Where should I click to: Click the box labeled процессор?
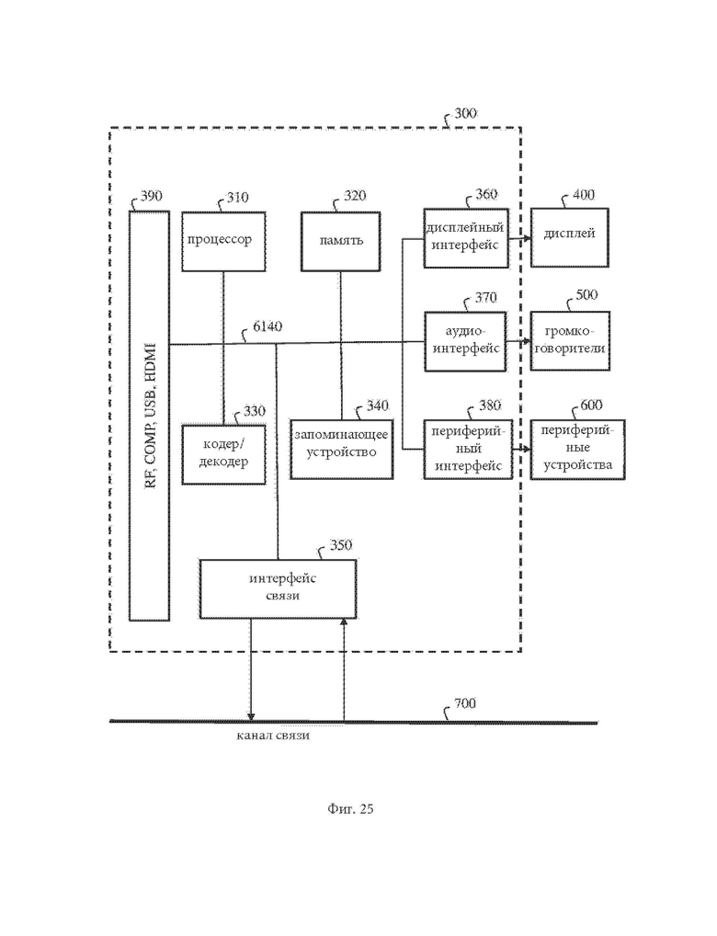[x=223, y=241]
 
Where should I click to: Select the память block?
[x=340, y=241]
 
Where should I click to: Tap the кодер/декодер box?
[x=223, y=454]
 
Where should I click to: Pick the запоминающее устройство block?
[x=341, y=449]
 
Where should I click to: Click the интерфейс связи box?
[x=278, y=588]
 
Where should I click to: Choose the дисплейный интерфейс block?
[x=466, y=238]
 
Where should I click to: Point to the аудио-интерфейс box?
[x=465, y=341]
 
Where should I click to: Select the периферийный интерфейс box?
[x=468, y=450]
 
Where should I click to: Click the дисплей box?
[x=570, y=237]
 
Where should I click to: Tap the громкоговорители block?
[x=570, y=341]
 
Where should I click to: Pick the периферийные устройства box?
[x=577, y=450]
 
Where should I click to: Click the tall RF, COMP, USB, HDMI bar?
[x=149, y=417]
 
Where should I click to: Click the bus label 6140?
[x=267, y=326]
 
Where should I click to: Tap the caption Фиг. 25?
[x=350, y=809]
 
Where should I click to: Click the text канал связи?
[x=273, y=736]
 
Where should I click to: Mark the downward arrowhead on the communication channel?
[x=251, y=716]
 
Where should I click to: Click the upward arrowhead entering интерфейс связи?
[x=344, y=622]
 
